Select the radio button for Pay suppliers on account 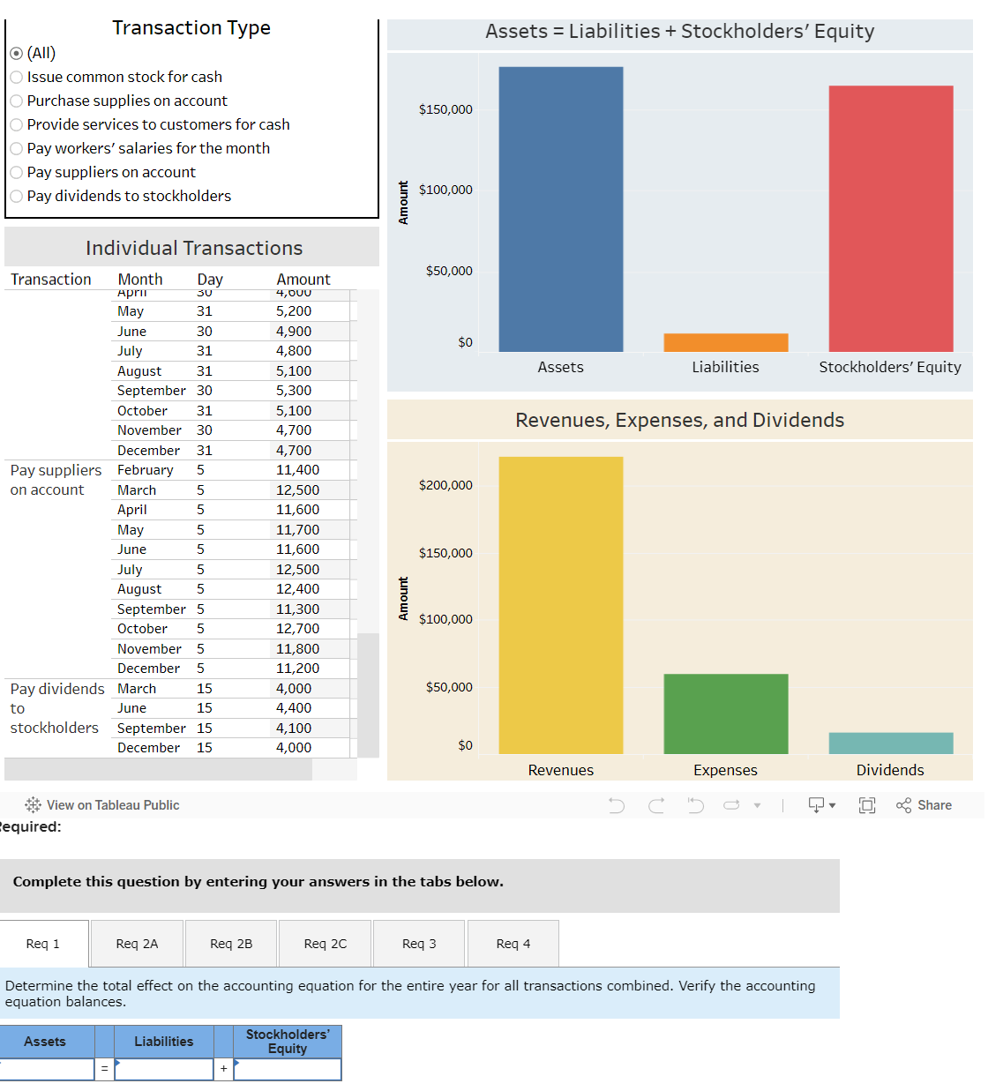(x=17, y=173)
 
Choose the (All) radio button (x=17, y=54)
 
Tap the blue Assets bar (x=560, y=210)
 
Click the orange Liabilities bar (x=725, y=342)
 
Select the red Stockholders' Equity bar (x=890, y=219)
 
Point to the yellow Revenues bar (x=560, y=605)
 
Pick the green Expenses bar (x=725, y=714)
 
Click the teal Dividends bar (x=890, y=743)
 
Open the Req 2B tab (x=231, y=944)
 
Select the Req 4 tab (x=513, y=944)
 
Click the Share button (x=924, y=805)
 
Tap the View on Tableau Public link (x=103, y=805)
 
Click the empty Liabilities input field (x=164, y=1069)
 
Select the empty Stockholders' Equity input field (x=288, y=1069)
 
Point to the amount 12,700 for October (x=297, y=629)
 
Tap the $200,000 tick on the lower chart (x=445, y=485)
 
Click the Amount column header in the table (x=303, y=280)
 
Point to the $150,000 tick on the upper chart (x=445, y=109)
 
